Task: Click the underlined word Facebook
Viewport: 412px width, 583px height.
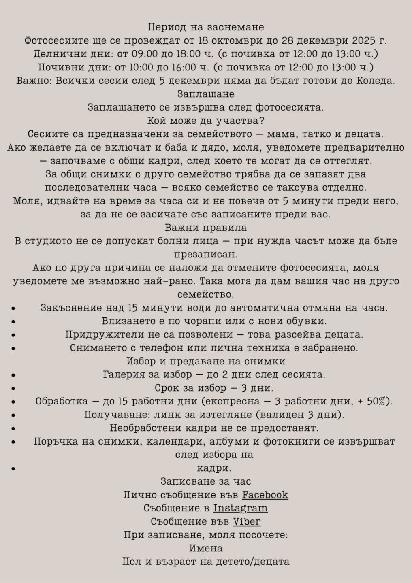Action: tap(265, 495)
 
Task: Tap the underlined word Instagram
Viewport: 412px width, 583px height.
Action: tap(241, 508)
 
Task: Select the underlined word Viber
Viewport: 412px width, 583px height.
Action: tap(247, 521)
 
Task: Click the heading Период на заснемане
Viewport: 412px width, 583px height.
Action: tap(206, 27)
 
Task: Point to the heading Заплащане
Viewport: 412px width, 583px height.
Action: tap(206, 94)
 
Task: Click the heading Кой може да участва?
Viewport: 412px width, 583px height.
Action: tap(206, 121)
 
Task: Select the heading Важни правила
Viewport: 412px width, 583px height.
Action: tap(206, 228)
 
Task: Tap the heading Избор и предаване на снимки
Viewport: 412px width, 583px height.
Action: tap(206, 361)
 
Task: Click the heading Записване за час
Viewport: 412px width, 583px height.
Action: tap(206, 481)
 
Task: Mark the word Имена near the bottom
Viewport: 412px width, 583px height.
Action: tap(206, 548)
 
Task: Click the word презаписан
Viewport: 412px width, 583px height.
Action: tap(206, 254)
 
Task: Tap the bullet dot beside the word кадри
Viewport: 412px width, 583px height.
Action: tap(14, 469)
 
